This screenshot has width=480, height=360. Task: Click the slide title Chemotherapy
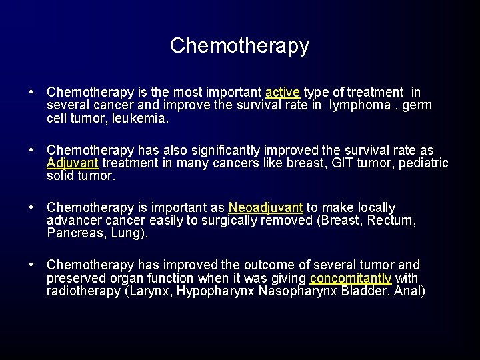239,45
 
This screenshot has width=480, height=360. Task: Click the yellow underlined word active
283,93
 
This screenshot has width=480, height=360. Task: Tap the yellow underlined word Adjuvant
73,163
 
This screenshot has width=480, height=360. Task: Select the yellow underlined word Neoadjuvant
265,208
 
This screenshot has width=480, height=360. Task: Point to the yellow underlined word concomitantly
351,279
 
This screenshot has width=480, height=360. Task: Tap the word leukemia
143,119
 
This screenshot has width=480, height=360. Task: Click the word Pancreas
74,234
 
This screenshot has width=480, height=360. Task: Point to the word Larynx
149,292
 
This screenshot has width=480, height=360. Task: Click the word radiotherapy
83,292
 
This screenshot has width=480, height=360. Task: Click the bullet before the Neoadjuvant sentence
32,208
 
